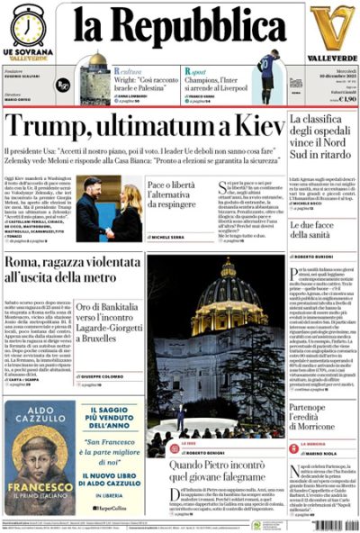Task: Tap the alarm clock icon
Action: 28,25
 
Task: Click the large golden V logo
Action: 331,27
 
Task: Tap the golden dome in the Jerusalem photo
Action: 97,61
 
